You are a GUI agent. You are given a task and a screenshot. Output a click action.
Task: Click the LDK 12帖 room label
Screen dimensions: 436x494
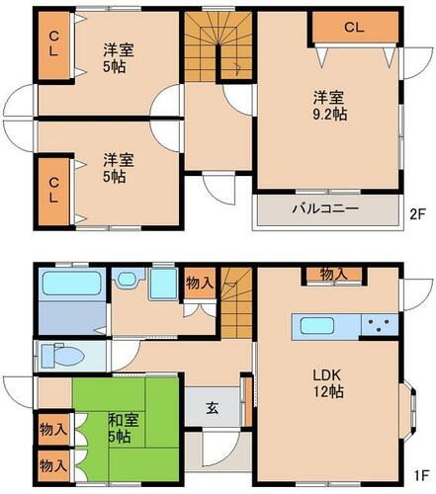pos(328,383)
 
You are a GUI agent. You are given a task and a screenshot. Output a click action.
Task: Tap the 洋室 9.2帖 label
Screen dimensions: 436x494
pos(329,106)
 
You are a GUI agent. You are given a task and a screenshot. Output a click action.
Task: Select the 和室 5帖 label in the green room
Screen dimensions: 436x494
pos(124,428)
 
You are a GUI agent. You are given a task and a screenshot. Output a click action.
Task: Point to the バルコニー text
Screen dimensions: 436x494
pos(325,208)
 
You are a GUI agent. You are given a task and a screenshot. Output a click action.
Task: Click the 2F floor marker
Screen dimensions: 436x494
pos(418,214)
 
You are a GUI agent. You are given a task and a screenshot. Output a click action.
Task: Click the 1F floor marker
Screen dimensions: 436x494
pos(421,475)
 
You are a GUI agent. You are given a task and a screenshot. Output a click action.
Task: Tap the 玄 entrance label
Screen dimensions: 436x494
pos(213,408)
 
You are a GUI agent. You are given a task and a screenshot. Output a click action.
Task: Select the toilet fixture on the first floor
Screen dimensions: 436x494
pos(62,356)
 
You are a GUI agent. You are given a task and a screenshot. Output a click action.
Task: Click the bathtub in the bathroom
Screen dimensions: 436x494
pos(71,283)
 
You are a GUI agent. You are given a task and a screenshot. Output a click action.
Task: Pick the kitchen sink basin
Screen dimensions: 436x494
pos(317,325)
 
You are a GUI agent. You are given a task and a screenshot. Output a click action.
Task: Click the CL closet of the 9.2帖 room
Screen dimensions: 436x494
pos(355,27)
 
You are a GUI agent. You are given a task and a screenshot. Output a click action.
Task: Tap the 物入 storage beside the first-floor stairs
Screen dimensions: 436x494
pos(201,283)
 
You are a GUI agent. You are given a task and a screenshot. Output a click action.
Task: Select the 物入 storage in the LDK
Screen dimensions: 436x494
pos(334,274)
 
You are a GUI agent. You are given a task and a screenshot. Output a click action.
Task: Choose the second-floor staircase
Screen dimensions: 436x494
pos(218,45)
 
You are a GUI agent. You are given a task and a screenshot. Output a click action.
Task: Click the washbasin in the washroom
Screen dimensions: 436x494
pos(126,280)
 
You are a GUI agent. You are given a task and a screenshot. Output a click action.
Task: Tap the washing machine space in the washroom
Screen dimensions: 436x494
pos(163,284)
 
